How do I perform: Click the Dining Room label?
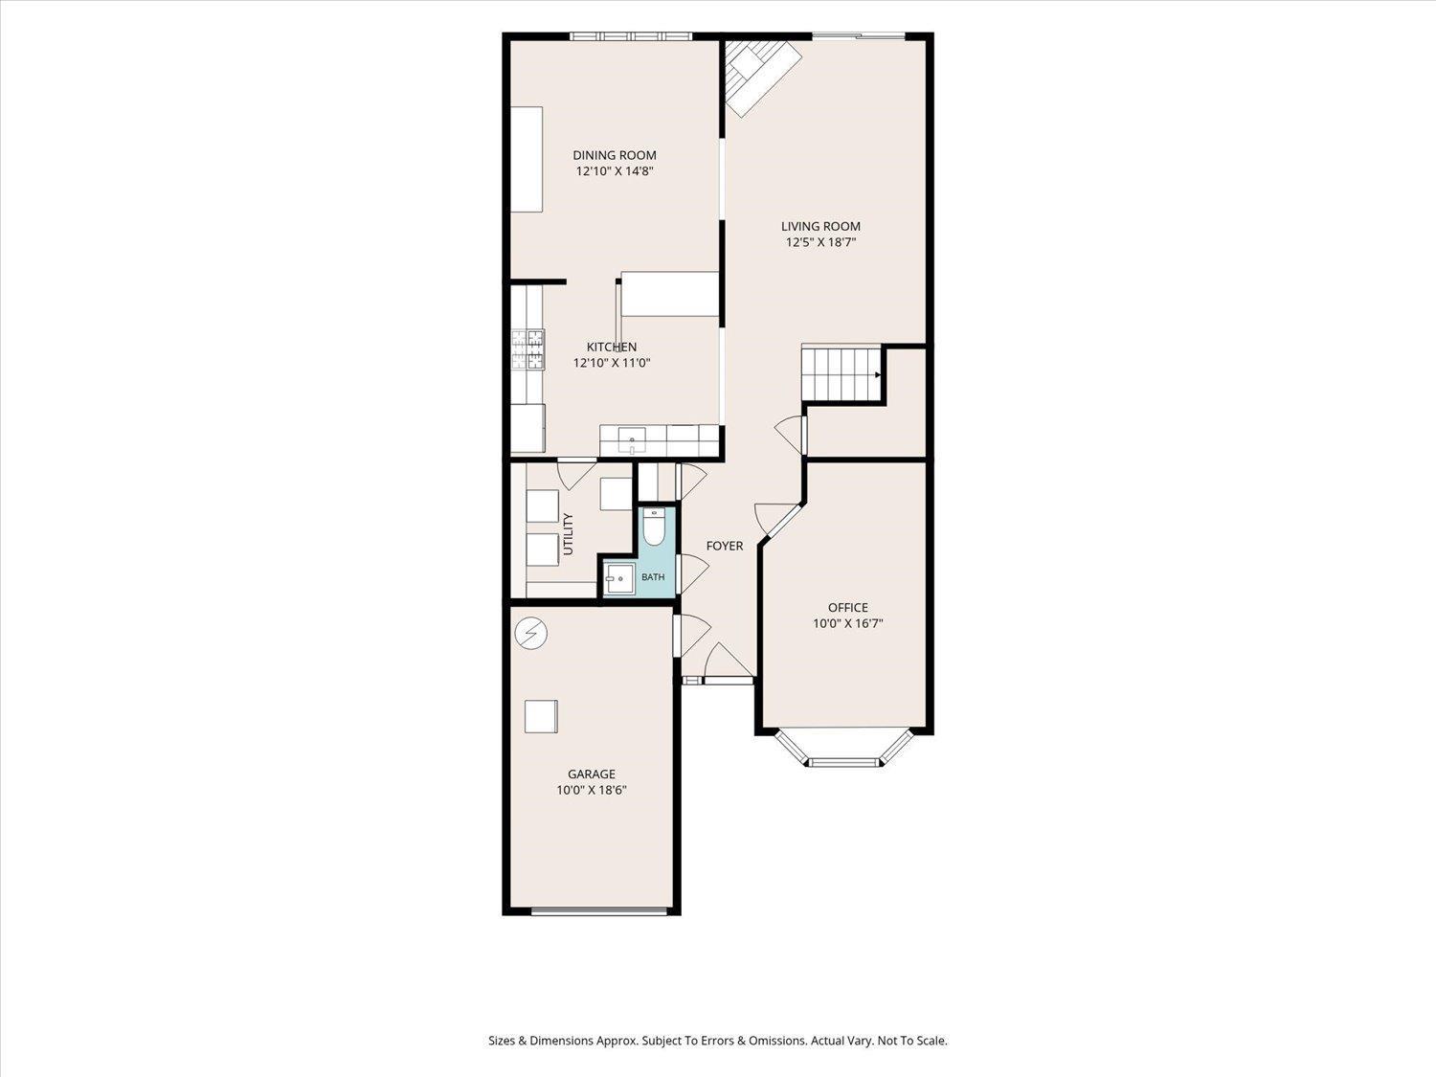pos(615,155)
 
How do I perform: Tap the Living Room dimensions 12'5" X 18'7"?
pos(821,242)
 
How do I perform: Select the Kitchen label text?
pos(612,347)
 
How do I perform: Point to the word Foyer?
pos(724,546)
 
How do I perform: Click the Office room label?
pos(848,608)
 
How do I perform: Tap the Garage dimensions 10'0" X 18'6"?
pos(592,790)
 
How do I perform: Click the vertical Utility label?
pos(568,534)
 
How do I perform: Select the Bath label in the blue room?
pos(653,576)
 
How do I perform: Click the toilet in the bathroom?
pos(654,527)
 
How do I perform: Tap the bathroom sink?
pos(618,579)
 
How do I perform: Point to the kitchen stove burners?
pos(527,349)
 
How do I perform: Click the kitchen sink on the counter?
pos(631,439)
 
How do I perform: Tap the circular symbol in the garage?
pos(531,633)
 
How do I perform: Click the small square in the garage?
pos(541,716)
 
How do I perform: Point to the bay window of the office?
pos(844,748)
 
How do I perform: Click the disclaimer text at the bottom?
pos(718,1041)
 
